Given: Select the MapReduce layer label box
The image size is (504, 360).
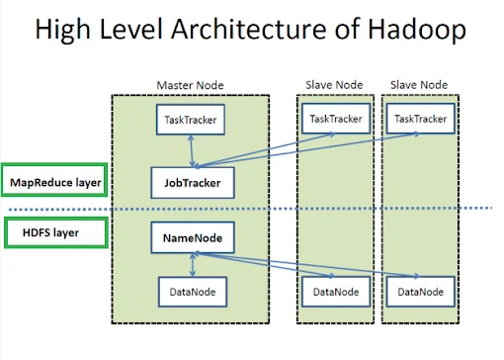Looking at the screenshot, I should pos(55,182).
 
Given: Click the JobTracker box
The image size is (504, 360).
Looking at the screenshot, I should pos(192,182).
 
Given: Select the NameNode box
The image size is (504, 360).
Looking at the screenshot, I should pos(192,238).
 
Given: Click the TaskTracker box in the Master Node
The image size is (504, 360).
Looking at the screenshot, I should pos(192,121).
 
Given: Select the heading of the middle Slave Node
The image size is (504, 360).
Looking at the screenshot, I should pos(335,85).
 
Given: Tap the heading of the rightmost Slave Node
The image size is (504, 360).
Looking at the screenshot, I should pos(421,85).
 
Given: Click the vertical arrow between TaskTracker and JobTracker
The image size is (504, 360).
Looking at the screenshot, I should pos(192,151).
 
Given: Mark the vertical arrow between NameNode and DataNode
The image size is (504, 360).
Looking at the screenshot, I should pos(192,264).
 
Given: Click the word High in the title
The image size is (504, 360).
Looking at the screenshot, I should pos(65,31).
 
